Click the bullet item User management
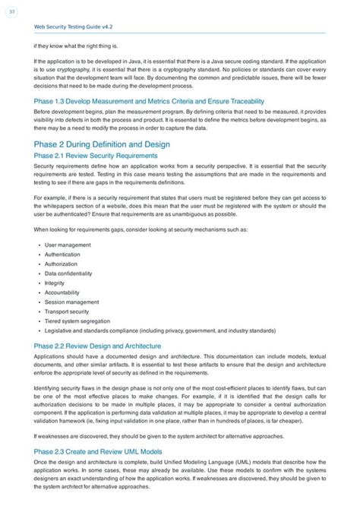pyautogui.click(x=68, y=245)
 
